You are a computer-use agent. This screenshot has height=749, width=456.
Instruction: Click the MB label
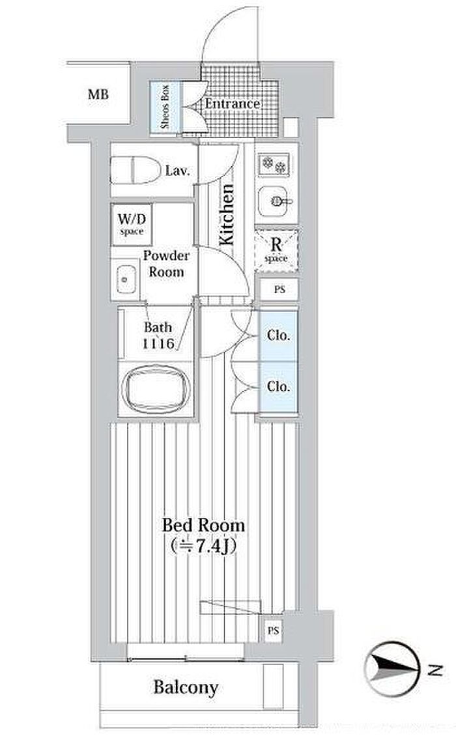click(x=98, y=94)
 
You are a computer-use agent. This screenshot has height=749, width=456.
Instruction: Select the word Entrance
click(x=233, y=104)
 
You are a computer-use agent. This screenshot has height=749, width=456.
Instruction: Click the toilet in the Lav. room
click(x=135, y=170)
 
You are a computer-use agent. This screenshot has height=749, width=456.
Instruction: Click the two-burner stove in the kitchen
click(x=274, y=164)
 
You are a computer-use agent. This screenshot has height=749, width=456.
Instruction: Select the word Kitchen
click(x=227, y=214)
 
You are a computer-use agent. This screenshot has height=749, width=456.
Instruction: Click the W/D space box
click(x=132, y=225)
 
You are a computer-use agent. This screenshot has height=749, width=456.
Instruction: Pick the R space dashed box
click(x=276, y=251)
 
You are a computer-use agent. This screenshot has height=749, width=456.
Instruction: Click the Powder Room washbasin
click(x=125, y=279)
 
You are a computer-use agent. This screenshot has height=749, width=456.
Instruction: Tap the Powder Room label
click(x=166, y=264)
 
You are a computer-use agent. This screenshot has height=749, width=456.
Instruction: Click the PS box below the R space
click(x=279, y=289)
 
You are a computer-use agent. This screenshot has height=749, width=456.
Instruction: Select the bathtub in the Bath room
click(x=156, y=388)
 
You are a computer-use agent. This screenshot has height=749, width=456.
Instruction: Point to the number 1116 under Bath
click(x=158, y=343)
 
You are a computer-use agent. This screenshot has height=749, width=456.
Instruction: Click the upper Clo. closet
click(x=278, y=336)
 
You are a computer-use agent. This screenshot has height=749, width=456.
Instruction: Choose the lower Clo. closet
click(x=278, y=386)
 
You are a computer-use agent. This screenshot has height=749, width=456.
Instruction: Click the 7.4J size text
click(x=204, y=545)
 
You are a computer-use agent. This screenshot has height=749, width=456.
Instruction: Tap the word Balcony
click(x=186, y=688)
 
